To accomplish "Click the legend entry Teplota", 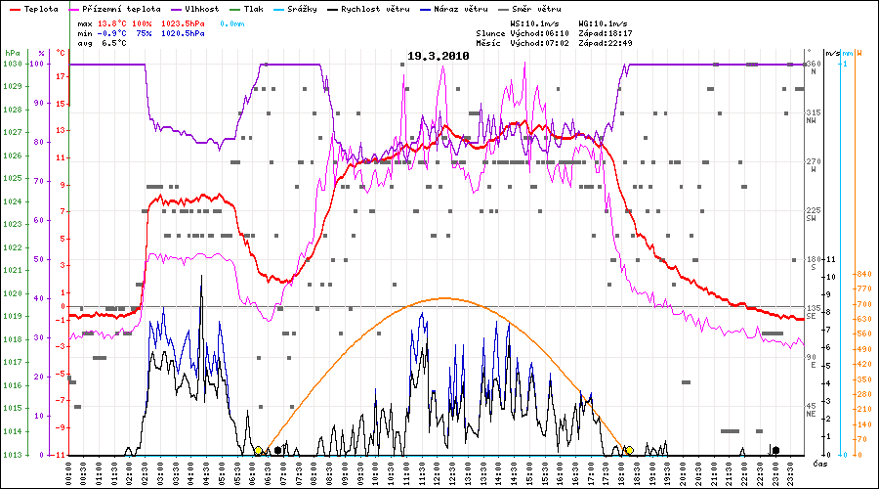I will pos(40,9).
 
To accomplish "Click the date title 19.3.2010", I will pos(439,56).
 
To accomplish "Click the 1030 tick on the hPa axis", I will pos(12,65).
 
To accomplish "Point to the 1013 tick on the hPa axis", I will pos(12,455).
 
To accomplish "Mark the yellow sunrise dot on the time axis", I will pos(258,450).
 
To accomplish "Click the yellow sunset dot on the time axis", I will pos(630,450).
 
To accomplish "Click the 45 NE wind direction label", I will pos(813,408).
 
